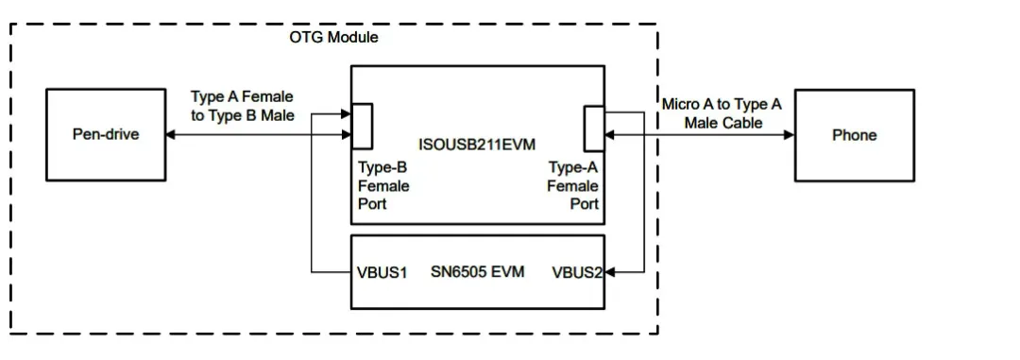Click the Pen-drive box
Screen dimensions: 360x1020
click(105, 135)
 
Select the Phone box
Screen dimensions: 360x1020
click(854, 135)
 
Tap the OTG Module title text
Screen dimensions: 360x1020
click(333, 37)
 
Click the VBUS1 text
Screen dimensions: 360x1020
click(382, 272)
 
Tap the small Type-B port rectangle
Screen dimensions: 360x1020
click(362, 126)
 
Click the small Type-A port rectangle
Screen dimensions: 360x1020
click(594, 128)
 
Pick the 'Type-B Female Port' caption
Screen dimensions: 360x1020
click(382, 185)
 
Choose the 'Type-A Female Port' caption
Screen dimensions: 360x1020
click(572, 185)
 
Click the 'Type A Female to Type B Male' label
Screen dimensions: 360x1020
click(242, 106)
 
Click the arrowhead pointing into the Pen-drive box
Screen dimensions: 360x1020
click(170, 135)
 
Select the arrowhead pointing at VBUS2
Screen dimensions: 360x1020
click(610, 273)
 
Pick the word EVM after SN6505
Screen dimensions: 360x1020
click(507, 272)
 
